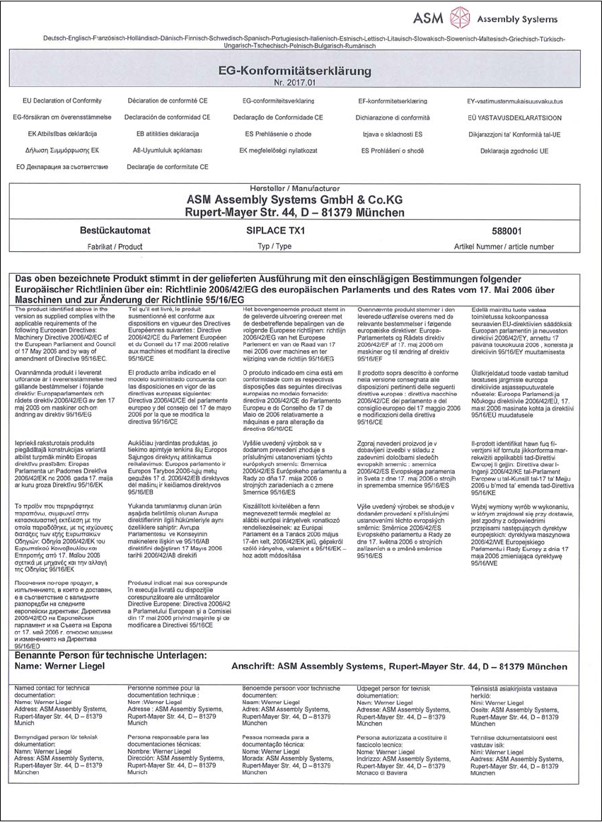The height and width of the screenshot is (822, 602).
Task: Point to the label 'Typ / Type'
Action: coord(275,247)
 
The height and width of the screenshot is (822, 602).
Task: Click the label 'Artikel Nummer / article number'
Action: coord(504,247)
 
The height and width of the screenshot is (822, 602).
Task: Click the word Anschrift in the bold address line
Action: coord(253,666)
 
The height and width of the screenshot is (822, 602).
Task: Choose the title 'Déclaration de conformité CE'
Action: coord(168,101)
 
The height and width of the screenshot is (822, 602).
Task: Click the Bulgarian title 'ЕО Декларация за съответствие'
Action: coord(62,167)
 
